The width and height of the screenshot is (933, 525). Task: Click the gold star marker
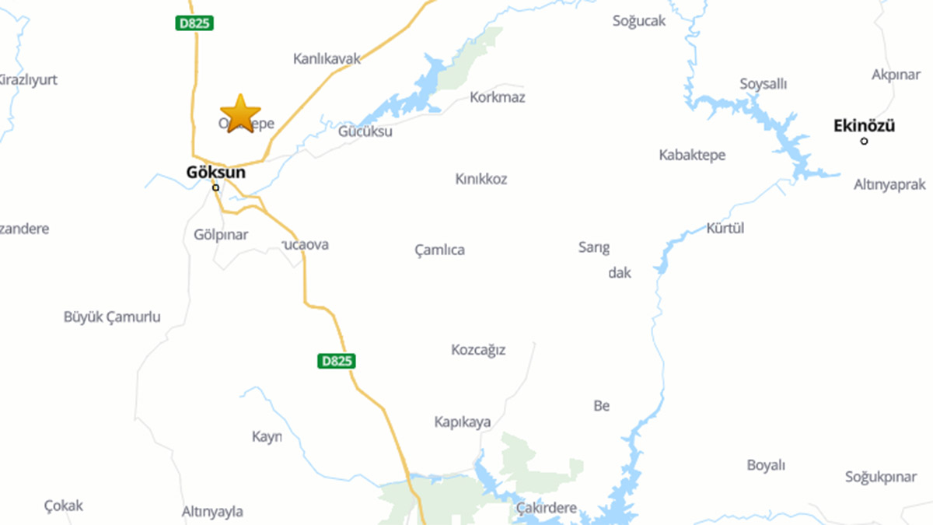pyautogui.click(x=240, y=114)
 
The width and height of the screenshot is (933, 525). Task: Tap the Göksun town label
pyautogui.click(x=216, y=172)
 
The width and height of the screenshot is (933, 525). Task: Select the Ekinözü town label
pyautogui.click(x=864, y=125)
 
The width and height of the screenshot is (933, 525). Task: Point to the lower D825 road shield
pyautogui.click(x=337, y=361)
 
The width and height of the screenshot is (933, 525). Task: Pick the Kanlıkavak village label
pyautogui.click(x=327, y=58)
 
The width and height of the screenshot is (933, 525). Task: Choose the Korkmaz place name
pyautogui.click(x=498, y=97)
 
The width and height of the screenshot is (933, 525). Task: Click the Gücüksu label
pyautogui.click(x=365, y=131)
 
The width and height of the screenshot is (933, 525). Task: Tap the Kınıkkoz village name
pyautogui.click(x=481, y=179)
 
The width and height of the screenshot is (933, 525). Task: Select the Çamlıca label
pyautogui.click(x=439, y=250)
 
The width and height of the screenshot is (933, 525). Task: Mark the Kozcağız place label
pyautogui.click(x=478, y=350)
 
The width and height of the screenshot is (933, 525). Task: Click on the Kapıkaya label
pyautogui.click(x=463, y=422)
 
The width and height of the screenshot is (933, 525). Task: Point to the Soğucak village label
pyautogui.click(x=639, y=21)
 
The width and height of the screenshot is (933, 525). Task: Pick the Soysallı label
pyautogui.click(x=764, y=84)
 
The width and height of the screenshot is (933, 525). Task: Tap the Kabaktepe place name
pyautogui.click(x=692, y=155)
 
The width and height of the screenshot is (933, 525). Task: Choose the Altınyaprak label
pyautogui.click(x=889, y=184)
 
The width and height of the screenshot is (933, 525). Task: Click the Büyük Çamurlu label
pyautogui.click(x=112, y=317)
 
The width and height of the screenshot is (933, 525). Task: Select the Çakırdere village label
pyautogui.click(x=547, y=508)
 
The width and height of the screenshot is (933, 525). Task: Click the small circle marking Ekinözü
pyautogui.click(x=865, y=141)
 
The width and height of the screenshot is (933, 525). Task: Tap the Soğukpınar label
pyautogui.click(x=881, y=477)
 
